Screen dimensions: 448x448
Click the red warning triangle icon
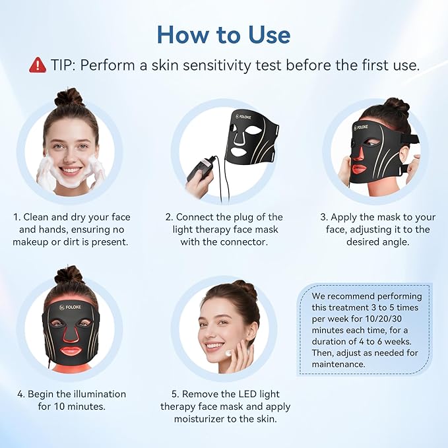38,65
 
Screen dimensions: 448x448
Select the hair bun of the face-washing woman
69,98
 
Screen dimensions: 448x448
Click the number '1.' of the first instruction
16,217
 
